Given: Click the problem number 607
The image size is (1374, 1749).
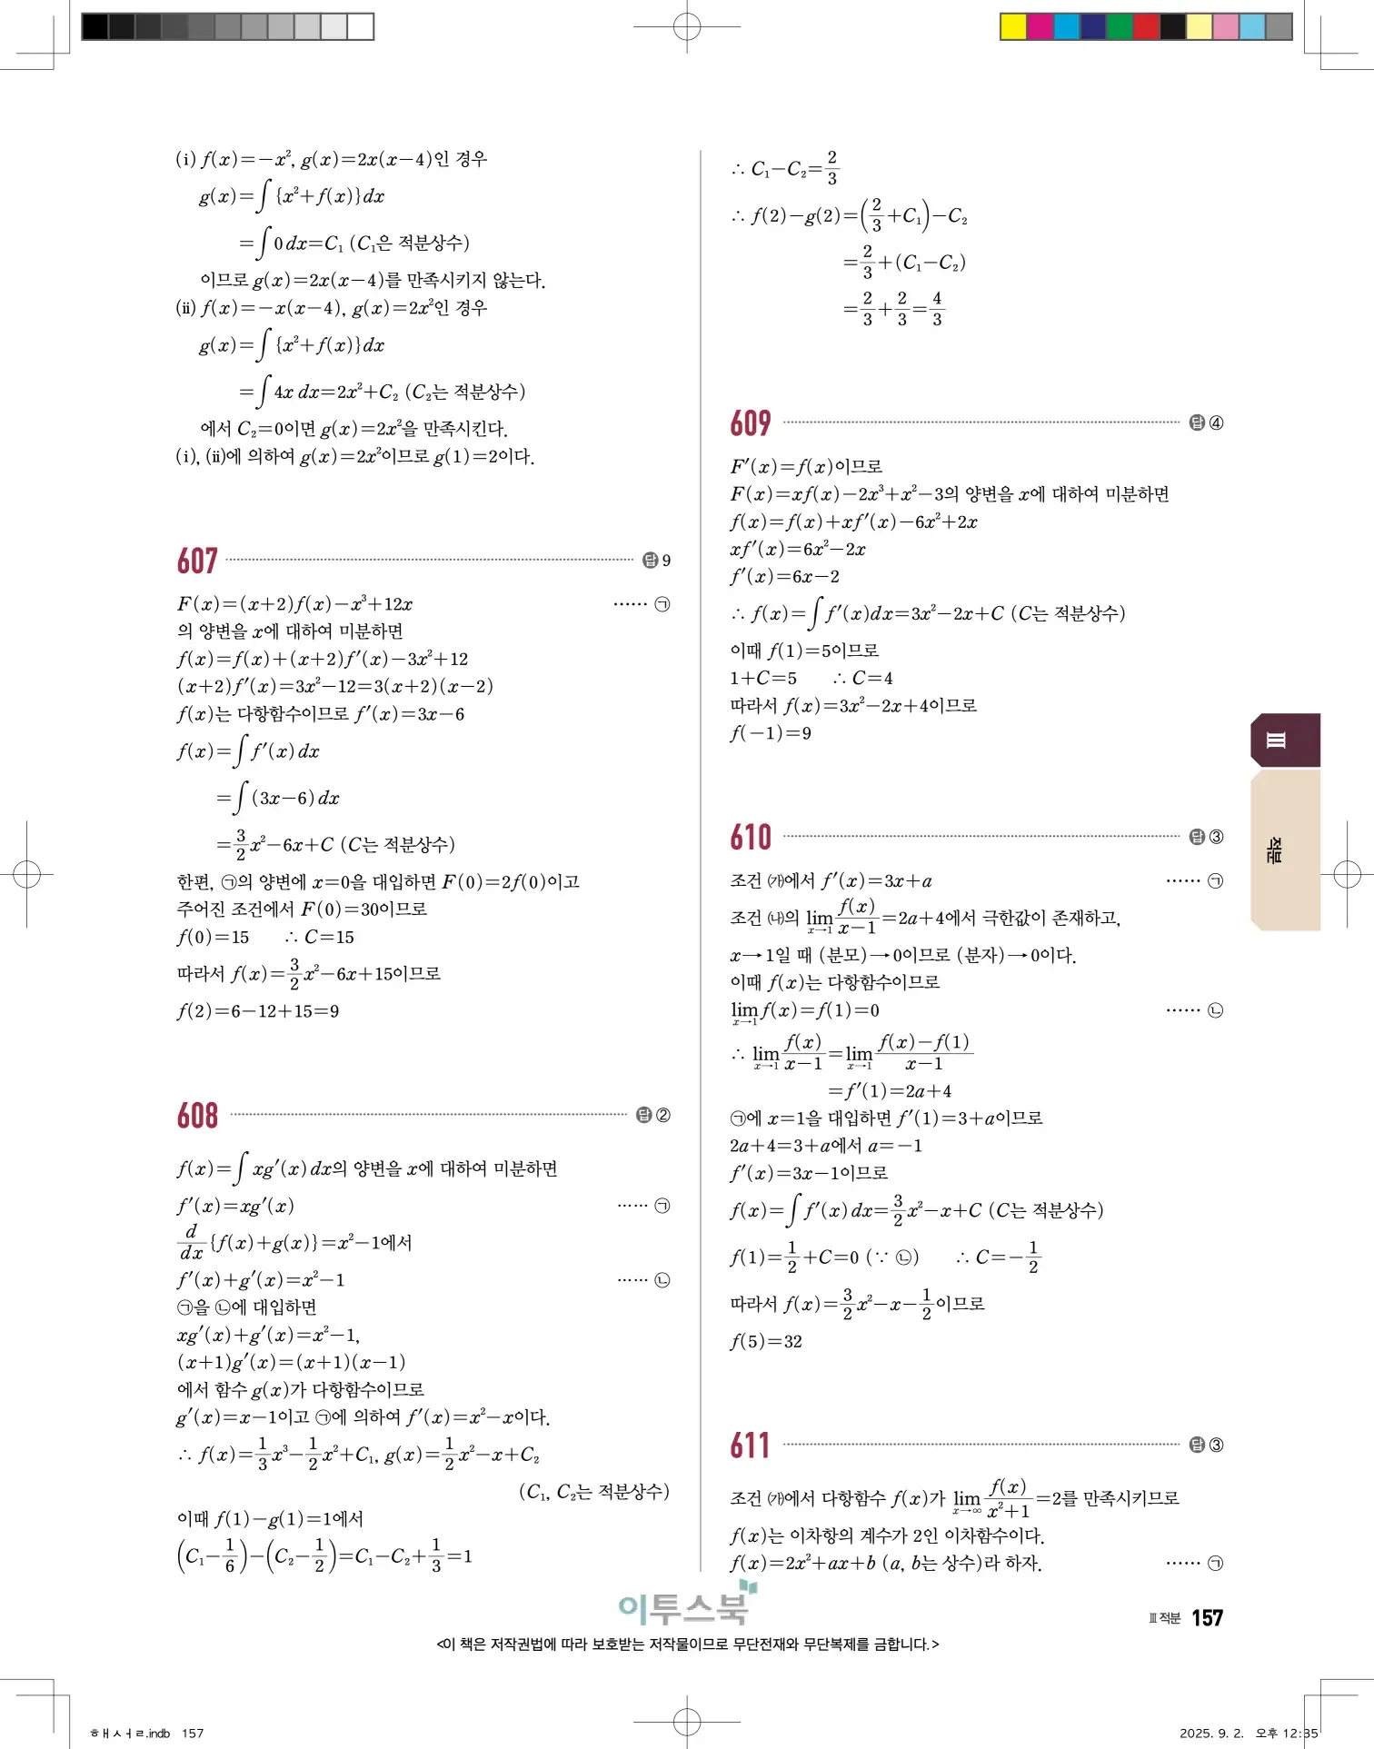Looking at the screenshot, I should click(x=197, y=561).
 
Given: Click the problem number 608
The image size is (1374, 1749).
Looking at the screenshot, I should click(x=197, y=1116).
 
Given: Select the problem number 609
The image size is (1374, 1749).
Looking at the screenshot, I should click(x=751, y=423).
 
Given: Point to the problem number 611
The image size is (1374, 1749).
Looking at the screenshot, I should click(x=751, y=1446).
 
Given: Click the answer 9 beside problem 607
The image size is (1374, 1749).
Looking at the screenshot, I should click(x=666, y=561).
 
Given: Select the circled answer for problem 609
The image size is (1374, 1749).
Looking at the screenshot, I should click(x=1216, y=422).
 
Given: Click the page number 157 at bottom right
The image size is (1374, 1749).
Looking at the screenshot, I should click(x=1207, y=1618).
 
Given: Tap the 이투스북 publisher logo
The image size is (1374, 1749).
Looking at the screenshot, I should click(x=686, y=1606).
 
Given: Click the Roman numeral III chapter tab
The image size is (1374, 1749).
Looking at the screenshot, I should click(x=1276, y=740).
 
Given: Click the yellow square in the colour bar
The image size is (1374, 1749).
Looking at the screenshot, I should click(x=1013, y=27).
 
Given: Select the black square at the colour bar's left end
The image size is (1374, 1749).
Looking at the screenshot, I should click(x=95, y=27).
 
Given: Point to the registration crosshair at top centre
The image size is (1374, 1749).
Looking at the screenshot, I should click(x=687, y=27).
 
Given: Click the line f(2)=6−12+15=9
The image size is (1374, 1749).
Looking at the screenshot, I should click(x=258, y=1011).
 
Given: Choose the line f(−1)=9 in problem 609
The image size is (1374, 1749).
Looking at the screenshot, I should click(x=771, y=733).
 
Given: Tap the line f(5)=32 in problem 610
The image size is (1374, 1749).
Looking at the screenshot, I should click(x=766, y=1342).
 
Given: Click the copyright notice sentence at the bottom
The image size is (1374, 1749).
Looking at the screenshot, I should click(x=687, y=1645).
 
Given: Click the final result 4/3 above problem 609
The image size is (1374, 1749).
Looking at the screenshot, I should click(x=937, y=309).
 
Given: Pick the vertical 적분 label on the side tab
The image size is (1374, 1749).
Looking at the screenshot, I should click(x=1276, y=850).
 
